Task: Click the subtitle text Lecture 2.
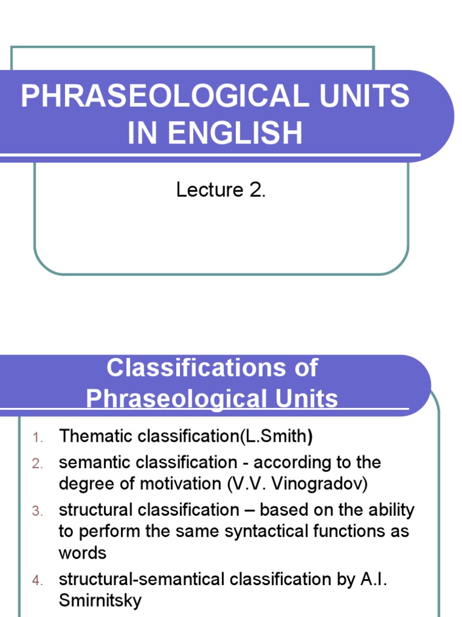[221, 190]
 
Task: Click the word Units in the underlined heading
[298, 399]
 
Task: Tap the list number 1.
[37, 437]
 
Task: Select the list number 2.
[37, 463]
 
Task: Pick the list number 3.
[37, 511]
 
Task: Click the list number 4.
[37, 580]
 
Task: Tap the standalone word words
[82, 553]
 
